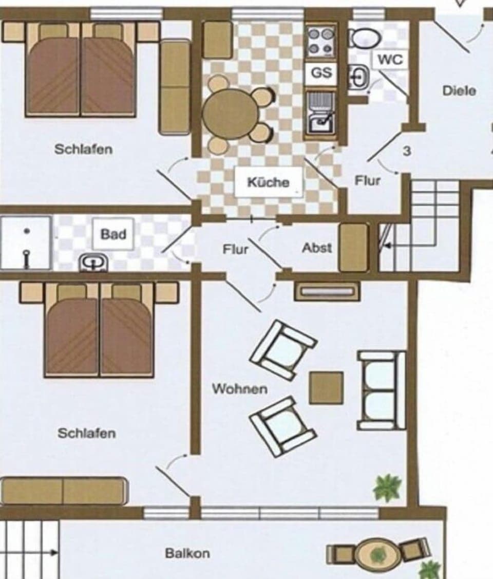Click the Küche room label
pos(268,182)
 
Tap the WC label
pos(390,60)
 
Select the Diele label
pos(459,91)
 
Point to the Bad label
pos(113,234)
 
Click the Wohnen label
pos(240,388)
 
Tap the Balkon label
pos(187,553)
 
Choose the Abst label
pos(317,248)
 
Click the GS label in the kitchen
pos(321,73)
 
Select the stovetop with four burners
pos(321,42)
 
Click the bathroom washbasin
pos(94,262)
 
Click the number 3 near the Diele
pos(407,152)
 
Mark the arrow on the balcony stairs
pos(52,553)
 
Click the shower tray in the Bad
pos(26,242)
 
